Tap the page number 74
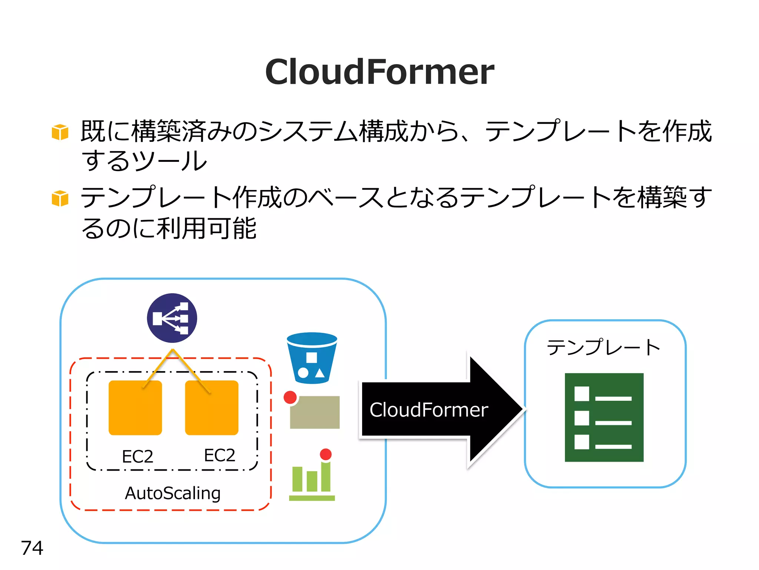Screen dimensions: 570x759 32,548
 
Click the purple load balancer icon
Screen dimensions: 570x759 172,318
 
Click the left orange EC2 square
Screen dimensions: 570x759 135,408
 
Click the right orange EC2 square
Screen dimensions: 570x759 212,408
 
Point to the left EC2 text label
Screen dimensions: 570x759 137,456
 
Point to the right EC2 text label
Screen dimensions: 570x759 219,455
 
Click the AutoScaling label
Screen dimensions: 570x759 173,493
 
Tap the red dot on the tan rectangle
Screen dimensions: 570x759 290,397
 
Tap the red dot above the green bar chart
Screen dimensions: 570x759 326,454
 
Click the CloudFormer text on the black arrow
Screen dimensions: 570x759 429,410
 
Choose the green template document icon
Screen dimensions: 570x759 604,417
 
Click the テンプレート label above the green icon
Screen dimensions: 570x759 604,348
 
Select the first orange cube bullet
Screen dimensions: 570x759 60,132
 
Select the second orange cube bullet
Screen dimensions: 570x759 60,198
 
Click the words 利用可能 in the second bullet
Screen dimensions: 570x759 206,228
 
